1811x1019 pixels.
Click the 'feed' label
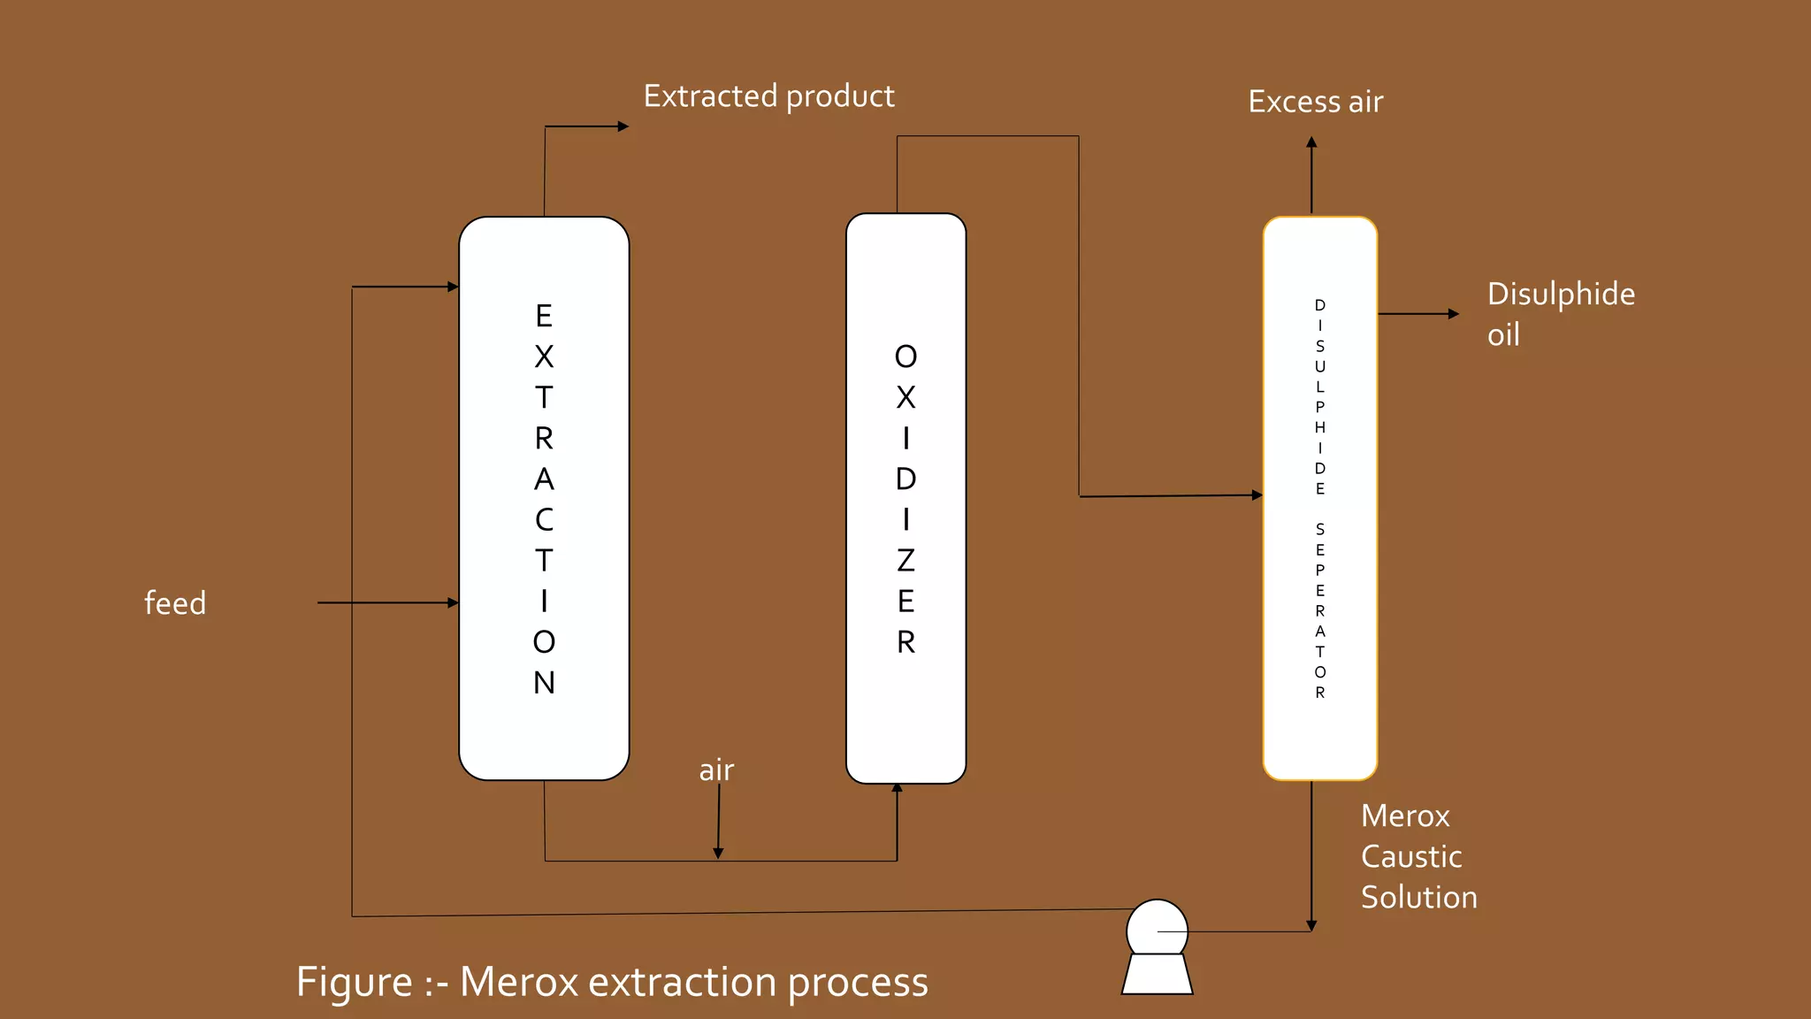[x=175, y=603]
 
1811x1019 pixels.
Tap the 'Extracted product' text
[x=768, y=96]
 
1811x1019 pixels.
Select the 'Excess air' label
[x=1315, y=102]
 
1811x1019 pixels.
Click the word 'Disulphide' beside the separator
[x=1561, y=294]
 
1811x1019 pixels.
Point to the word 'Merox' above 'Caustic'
[x=1405, y=816]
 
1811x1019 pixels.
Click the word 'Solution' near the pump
[x=1418, y=897]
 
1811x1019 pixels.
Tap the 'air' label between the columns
[x=716, y=770]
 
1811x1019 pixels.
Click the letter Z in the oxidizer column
[x=905, y=561]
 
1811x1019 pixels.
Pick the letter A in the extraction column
[x=544, y=479]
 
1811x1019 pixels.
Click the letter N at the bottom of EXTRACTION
[x=544, y=683]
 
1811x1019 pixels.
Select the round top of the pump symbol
[x=1157, y=927]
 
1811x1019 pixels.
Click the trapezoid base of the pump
[x=1157, y=975]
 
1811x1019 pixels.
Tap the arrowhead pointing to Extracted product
[x=623, y=126]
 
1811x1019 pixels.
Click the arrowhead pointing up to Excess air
[x=1311, y=142]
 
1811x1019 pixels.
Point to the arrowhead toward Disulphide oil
[x=1454, y=314]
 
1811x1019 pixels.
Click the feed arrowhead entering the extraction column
[x=453, y=603]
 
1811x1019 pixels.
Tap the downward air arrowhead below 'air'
[x=718, y=853]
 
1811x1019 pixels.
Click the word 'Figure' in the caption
[x=354, y=982]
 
